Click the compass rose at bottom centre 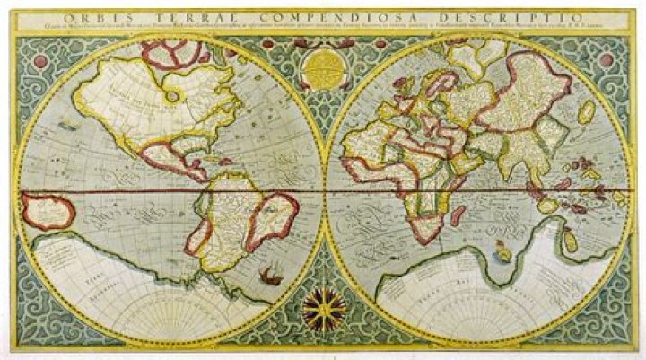[323, 310]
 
